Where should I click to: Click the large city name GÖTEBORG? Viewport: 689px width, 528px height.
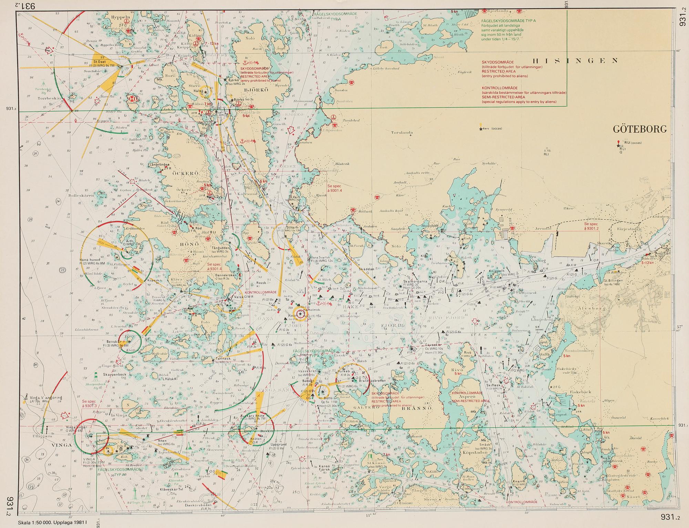point(640,129)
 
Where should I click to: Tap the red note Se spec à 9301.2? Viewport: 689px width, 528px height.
point(592,226)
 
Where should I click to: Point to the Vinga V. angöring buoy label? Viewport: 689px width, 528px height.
point(45,398)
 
